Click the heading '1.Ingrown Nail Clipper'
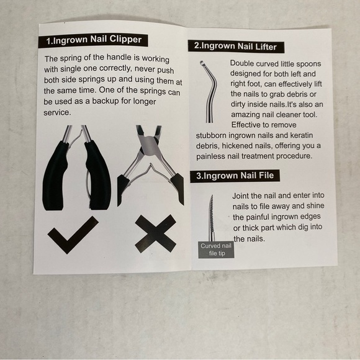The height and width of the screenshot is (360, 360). click(x=93, y=40)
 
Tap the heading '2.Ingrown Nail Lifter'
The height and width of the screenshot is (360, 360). click(x=236, y=46)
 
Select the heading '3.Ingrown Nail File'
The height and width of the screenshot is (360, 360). click(x=235, y=176)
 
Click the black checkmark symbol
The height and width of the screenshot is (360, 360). click(x=73, y=235)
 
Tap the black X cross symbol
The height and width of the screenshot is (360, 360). click(x=156, y=234)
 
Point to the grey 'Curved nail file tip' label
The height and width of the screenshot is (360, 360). click(x=216, y=250)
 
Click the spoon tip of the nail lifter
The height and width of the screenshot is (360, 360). click(x=202, y=63)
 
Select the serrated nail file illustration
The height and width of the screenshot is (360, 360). click(x=212, y=218)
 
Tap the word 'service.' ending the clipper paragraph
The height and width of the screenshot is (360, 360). click(x=57, y=112)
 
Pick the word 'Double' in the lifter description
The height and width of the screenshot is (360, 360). click(x=242, y=63)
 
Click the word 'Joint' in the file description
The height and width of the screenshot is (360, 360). click(x=240, y=196)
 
